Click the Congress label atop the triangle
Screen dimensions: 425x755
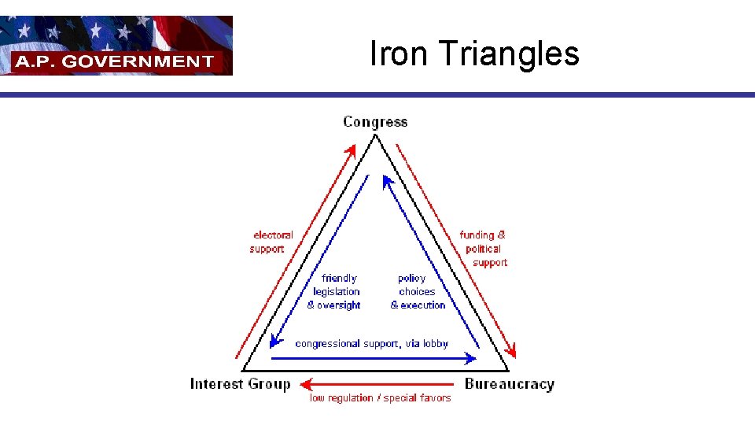coord(375,122)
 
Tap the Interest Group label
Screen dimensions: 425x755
coord(240,384)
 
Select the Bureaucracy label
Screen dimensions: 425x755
coord(509,384)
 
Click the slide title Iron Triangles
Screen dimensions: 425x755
coord(474,54)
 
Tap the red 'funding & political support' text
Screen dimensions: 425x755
coord(484,249)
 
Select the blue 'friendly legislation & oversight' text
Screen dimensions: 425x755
coord(337,292)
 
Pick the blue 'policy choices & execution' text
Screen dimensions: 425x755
coord(417,292)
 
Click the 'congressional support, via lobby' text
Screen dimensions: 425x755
coord(371,344)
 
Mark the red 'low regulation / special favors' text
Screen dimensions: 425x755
coord(380,398)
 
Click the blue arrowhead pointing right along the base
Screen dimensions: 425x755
coord(471,358)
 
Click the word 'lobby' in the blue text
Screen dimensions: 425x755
coord(435,344)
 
